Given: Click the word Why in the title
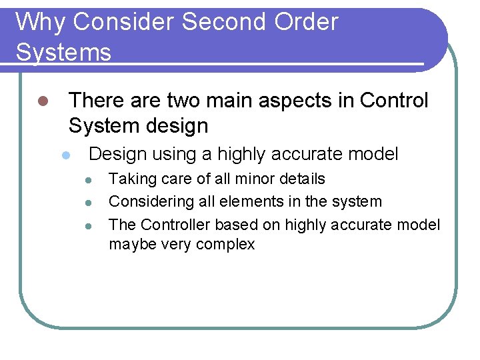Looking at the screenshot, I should point(41,22).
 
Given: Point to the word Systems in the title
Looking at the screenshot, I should point(63,52).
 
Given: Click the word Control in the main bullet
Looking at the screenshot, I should point(394,101).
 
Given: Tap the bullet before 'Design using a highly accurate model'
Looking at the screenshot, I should point(65,155).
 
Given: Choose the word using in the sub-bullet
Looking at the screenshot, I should point(174,155).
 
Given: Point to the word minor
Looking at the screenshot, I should point(254,179).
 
